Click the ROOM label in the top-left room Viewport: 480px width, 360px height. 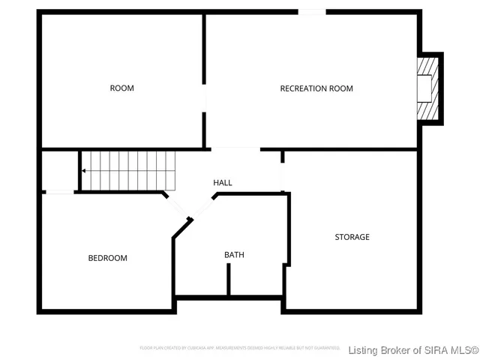121,88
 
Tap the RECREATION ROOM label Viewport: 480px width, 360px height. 316,88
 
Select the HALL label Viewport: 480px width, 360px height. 223,183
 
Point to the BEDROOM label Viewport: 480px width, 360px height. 108,258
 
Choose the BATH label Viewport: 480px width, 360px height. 234,255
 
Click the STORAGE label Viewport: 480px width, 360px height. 352,237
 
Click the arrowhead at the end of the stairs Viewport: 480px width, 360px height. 85,171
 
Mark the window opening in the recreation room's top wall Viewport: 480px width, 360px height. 312,12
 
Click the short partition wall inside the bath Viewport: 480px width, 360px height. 228,280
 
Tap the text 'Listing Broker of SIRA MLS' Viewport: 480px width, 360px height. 413,350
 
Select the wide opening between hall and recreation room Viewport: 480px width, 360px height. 235,148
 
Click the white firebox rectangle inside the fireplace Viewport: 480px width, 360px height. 424,89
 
